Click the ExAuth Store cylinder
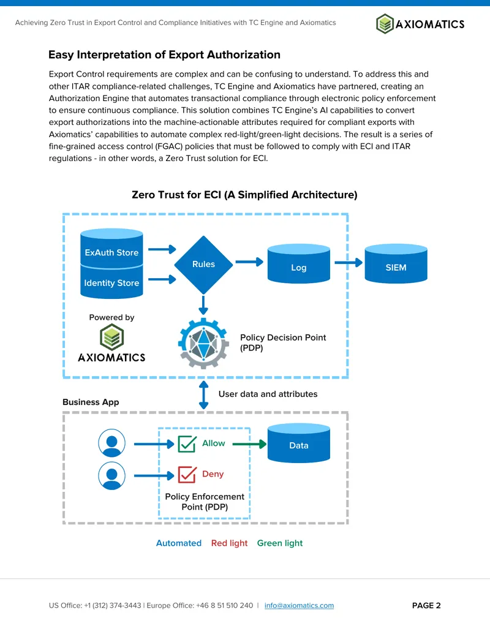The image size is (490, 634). pyautogui.click(x=111, y=248)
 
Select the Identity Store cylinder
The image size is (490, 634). pyautogui.click(x=111, y=282)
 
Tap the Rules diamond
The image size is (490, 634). pyautogui.click(x=203, y=265)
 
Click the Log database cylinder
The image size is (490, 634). pyautogui.click(x=299, y=263)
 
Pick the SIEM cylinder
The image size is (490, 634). pyautogui.click(x=396, y=263)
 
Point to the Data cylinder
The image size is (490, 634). pyautogui.click(x=299, y=443)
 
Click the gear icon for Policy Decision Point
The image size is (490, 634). pyautogui.click(x=203, y=343)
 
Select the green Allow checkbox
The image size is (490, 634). pyautogui.click(x=187, y=444)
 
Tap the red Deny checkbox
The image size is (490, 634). pyautogui.click(x=187, y=475)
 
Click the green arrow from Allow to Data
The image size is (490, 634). pyautogui.click(x=249, y=444)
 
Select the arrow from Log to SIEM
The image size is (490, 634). pyautogui.click(x=349, y=262)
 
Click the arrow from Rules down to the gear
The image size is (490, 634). pyautogui.click(x=203, y=305)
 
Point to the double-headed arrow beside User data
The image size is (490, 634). pyautogui.click(x=204, y=394)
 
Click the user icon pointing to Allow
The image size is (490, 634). pyautogui.click(x=111, y=443)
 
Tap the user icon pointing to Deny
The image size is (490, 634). pyautogui.click(x=111, y=476)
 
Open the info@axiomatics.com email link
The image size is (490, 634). pyautogui.click(x=299, y=605)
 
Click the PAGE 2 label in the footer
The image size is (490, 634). pyautogui.click(x=426, y=605)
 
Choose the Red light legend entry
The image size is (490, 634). pyautogui.click(x=229, y=543)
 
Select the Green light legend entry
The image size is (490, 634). pyautogui.click(x=280, y=543)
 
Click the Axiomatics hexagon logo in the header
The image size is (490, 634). pyautogui.click(x=385, y=23)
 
